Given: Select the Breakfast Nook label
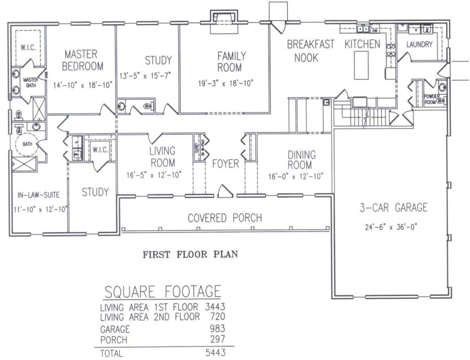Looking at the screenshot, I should [x=310, y=51].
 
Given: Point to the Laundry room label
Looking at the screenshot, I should [x=419, y=45].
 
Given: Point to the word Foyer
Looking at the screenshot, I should [x=225, y=164].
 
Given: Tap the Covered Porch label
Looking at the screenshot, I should [x=225, y=218].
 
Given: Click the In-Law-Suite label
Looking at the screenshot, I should [x=38, y=195].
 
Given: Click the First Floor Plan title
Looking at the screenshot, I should [x=191, y=255].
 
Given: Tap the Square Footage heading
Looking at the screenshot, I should [x=162, y=291].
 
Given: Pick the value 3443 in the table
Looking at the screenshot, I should [x=215, y=307].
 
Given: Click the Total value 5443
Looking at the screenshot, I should [x=215, y=353].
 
